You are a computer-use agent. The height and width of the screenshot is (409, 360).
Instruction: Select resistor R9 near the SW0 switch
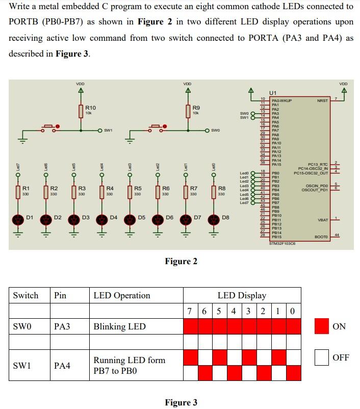(x=188, y=111)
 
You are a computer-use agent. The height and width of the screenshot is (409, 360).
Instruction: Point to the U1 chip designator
(x=272, y=93)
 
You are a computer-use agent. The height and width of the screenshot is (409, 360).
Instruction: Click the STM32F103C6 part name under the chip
(x=282, y=244)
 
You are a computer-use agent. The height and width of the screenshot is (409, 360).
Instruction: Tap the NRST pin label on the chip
(x=322, y=101)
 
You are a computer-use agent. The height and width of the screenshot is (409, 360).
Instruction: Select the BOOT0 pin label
(x=321, y=237)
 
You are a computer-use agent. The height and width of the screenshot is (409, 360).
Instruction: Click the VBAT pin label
(x=323, y=220)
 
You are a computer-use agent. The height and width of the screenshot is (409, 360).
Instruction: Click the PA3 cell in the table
(x=62, y=326)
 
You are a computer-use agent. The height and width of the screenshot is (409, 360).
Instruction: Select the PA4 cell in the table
(x=62, y=365)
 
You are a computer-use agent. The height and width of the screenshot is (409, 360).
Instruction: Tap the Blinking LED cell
(x=119, y=326)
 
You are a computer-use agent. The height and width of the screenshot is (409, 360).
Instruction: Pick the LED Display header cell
(x=242, y=295)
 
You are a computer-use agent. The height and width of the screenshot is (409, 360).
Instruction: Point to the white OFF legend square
(x=322, y=357)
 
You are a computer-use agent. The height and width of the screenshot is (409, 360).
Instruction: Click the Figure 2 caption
(x=181, y=262)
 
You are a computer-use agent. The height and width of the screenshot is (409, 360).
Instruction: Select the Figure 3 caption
(x=181, y=402)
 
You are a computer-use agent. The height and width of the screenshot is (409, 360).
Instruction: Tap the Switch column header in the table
(x=25, y=295)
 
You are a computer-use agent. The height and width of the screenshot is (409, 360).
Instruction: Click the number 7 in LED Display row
(x=190, y=311)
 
